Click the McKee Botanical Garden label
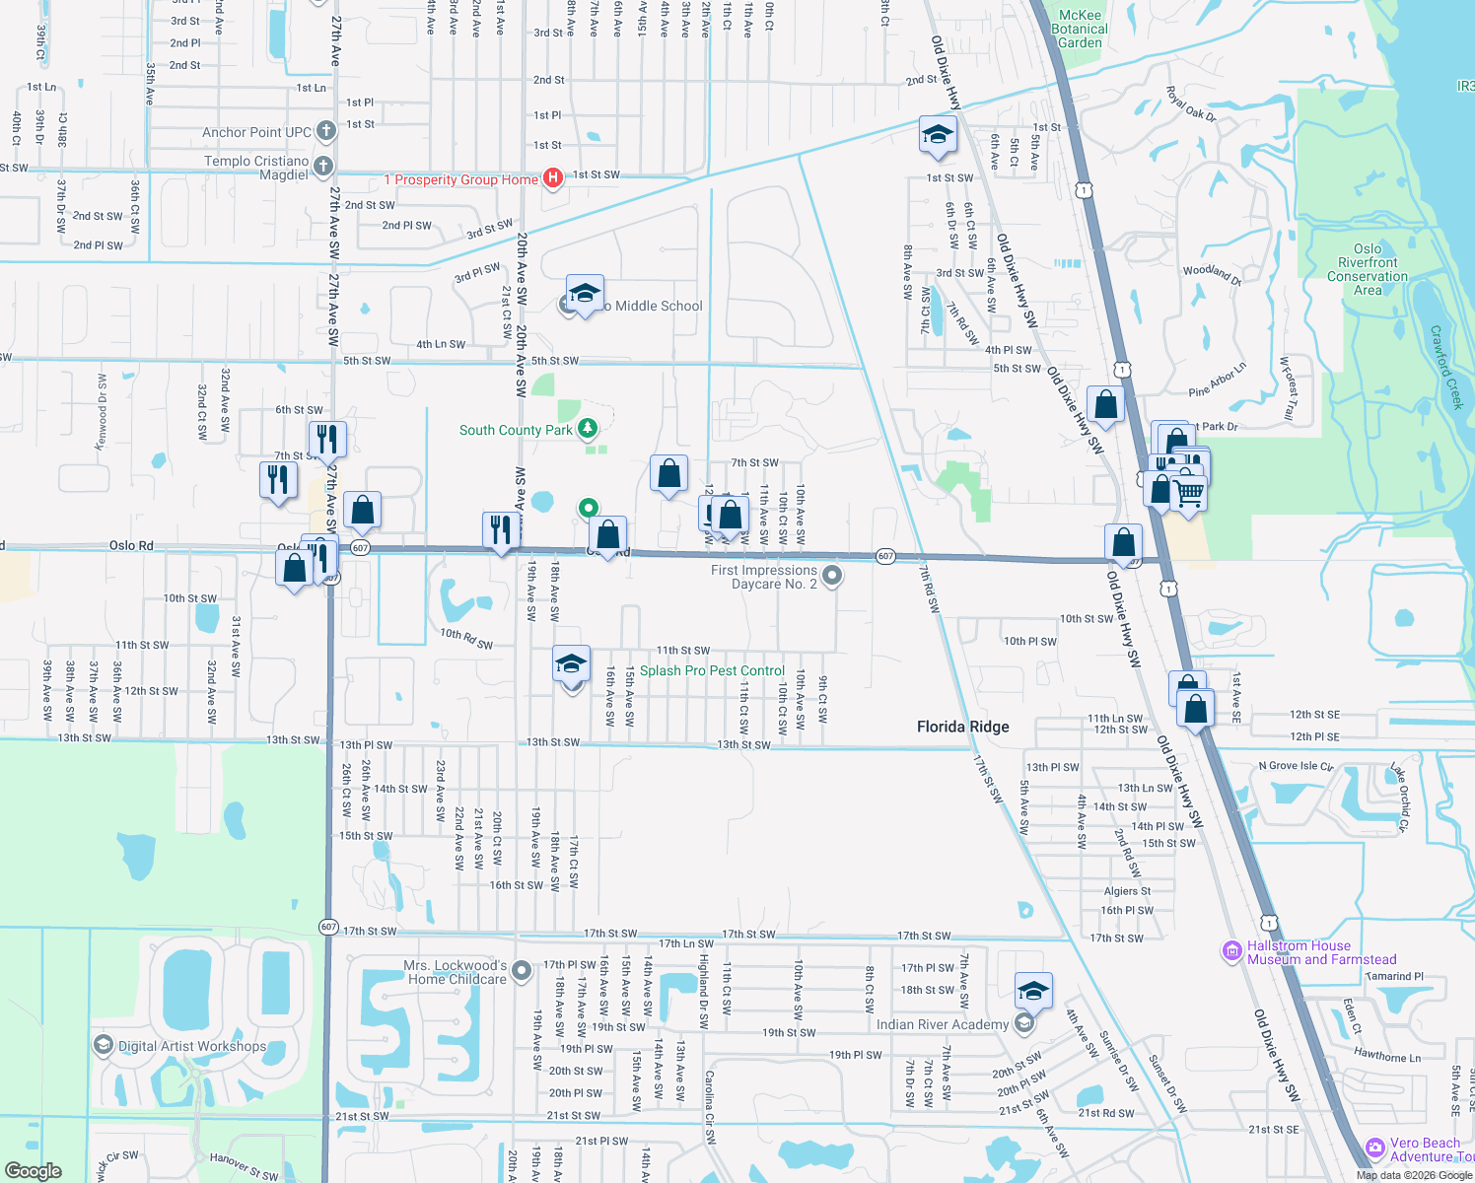[x=1080, y=30]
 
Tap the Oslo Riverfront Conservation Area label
[x=1368, y=270]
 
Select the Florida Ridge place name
[x=962, y=727]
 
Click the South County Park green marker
[x=588, y=428]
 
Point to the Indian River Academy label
[x=942, y=1024]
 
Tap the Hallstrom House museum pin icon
[x=1231, y=951]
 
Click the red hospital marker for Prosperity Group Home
[x=553, y=177]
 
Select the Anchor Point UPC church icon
[x=324, y=131]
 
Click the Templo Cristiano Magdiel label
[x=257, y=168]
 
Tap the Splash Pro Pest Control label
[x=712, y=670]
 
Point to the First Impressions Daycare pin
[x=832, y=575]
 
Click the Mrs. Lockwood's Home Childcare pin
[x=522, y=970]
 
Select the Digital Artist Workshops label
[x=192, y=1046]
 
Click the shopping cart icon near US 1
[x=1190, y=492]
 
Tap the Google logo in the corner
[x=34, y=1170]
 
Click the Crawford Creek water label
[x=1446, y=368]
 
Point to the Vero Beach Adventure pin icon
[x=1375, y=1148]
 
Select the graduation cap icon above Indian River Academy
[x=1032, y=990]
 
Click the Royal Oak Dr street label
[x=1191, y=104]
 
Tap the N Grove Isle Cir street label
[x=1296, y=766]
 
